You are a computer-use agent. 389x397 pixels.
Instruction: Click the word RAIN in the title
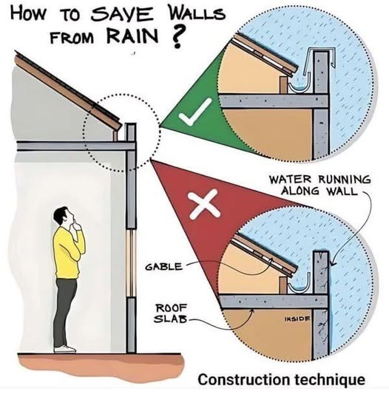tap(132, 37)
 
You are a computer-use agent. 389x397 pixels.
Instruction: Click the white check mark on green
tap(195, 112)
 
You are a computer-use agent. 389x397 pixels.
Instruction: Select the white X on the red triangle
tap(205, 204)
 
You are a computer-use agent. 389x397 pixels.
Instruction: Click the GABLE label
tap(164, 267)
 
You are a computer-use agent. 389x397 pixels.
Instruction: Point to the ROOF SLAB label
tap(171, 313)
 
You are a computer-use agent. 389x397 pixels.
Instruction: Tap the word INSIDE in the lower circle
tap(297, 318)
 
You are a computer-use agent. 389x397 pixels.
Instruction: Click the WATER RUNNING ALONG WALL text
tap(319, 186)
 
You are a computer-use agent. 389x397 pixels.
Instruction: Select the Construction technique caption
tap(282, 380)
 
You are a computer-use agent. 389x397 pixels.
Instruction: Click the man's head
tap(63, 217)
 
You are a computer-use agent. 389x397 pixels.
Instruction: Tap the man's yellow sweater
tap(68, 253)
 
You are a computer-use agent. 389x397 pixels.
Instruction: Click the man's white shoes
tap(65, 349)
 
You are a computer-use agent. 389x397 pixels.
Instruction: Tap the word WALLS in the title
tap(194, 13)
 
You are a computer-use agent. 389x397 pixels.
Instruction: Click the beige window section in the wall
tap(131, 262)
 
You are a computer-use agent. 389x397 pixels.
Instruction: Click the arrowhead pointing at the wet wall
tap(334, 263)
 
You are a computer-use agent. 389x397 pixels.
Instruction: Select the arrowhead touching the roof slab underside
tap(251, 312)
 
